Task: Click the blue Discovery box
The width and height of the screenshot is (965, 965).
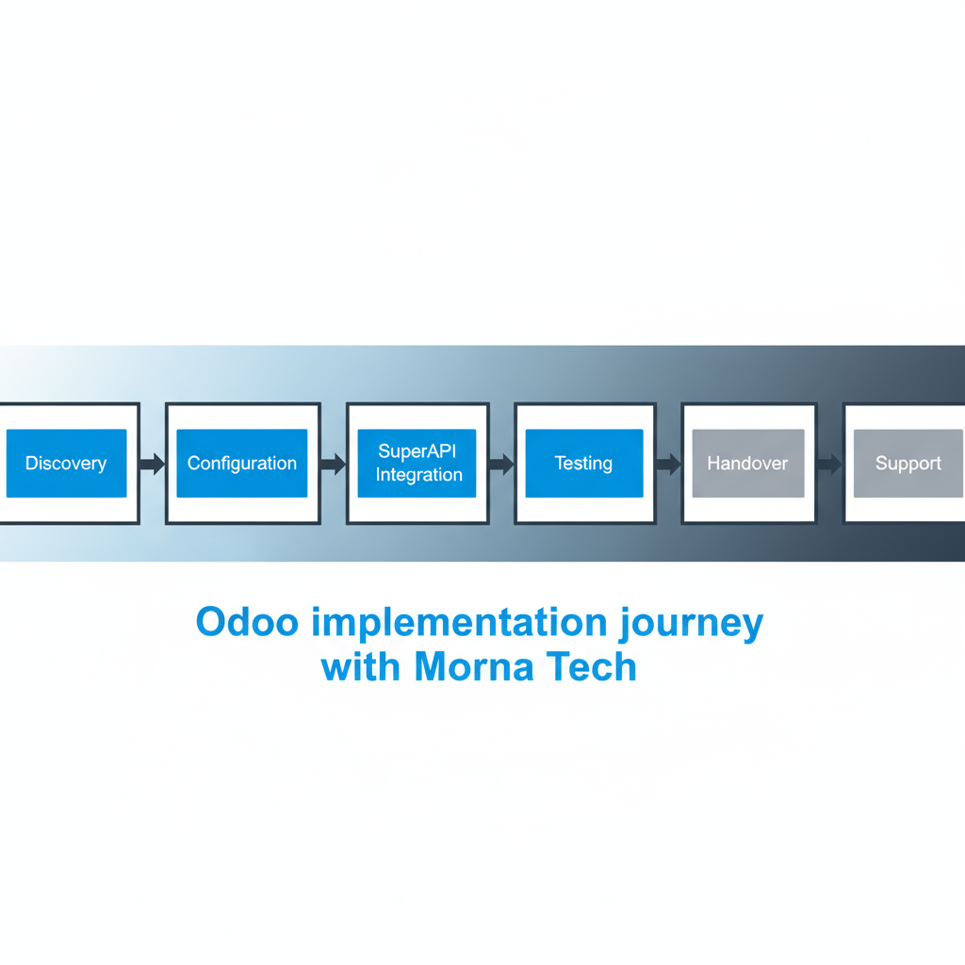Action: [67, 463]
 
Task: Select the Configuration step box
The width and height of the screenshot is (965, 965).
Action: [242, 463]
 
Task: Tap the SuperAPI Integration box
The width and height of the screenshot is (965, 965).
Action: [417, 463]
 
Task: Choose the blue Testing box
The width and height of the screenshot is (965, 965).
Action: [584, 463]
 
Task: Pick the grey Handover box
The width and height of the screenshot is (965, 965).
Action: [748, 463]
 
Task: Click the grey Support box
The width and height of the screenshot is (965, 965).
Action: [908, 463]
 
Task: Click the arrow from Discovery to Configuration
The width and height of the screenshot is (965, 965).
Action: [153, 464]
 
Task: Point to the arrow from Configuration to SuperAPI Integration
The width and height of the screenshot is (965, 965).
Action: [334, 464]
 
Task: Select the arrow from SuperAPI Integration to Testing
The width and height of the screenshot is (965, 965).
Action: [501, 464]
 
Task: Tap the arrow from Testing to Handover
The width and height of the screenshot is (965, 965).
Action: [668, 464]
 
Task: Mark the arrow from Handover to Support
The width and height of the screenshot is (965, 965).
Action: [829, 464]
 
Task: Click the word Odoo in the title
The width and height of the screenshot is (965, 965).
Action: [248, 622]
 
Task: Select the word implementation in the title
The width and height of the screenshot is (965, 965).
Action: [459, 623]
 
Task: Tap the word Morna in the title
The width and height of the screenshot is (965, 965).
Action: [474, 666]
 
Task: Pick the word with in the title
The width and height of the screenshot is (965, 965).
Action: [361, 666]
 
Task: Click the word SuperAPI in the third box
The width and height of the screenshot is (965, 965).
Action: [417, 451]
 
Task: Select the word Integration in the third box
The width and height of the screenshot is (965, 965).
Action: [419, 475]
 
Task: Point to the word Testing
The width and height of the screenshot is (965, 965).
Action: [583, 464]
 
